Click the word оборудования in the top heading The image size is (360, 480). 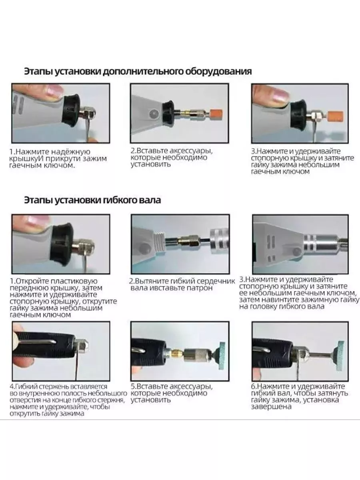218,72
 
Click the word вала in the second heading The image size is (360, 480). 150,200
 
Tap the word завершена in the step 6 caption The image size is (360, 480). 271,407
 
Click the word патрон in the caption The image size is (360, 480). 200,288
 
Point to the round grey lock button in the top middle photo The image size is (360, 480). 154,114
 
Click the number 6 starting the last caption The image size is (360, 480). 253,386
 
